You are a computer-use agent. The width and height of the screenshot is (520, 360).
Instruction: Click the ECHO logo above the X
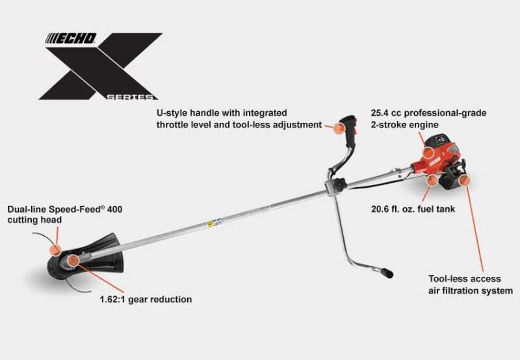[x=71, y=38]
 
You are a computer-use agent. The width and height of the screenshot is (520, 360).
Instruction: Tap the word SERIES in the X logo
[x=130, y=97]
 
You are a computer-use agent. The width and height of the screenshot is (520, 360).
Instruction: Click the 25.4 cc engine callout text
[x=428, y=119]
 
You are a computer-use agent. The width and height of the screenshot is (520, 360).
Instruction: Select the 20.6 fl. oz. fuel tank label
[x=413, y=209]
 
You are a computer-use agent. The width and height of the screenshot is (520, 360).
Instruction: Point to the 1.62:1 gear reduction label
[x=146, y=300]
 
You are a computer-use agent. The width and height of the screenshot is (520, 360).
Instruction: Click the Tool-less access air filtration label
[x=470, y=285]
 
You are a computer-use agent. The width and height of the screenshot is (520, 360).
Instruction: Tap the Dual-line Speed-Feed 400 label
[x=64, y=214]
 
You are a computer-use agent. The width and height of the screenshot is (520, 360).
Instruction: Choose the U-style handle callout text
[x=239, y=119]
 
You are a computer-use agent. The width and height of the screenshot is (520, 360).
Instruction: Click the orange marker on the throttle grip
[x=339, y=128]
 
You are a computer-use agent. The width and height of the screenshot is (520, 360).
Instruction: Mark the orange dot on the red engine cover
[x=428, y=152]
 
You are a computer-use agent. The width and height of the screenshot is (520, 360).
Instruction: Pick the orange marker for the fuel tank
[x=432, y=181]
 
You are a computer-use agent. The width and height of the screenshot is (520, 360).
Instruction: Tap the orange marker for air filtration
[x=464, y=181]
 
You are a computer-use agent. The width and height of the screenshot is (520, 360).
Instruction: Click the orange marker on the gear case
[x=73, y=261]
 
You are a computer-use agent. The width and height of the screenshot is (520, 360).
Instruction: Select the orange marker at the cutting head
[x=55, y=250]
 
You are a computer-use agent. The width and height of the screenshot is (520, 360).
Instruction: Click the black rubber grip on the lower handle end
[x=387, y=273]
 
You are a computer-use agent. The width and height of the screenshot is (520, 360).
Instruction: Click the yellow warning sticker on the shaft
[x=210, y=224]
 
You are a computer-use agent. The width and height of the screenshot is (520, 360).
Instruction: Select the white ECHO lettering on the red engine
[x=435, y=162]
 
